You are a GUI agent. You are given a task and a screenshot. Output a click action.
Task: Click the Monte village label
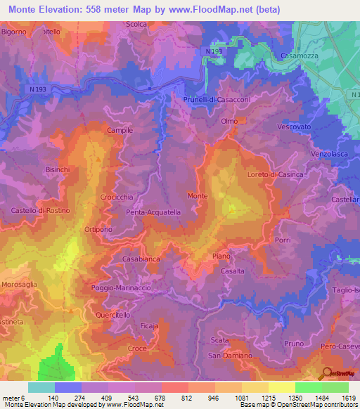tap(197, 195)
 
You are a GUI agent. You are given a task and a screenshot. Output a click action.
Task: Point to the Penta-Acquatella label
tap(153, 212)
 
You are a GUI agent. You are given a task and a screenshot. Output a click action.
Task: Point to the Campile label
tap(120, 131)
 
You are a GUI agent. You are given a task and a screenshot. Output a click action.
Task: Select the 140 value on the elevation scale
tap(67, 397)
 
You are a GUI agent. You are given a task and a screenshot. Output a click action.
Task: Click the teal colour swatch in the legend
tap(41, 387)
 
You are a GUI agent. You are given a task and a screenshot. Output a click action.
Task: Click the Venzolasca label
tap(330, 152)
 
